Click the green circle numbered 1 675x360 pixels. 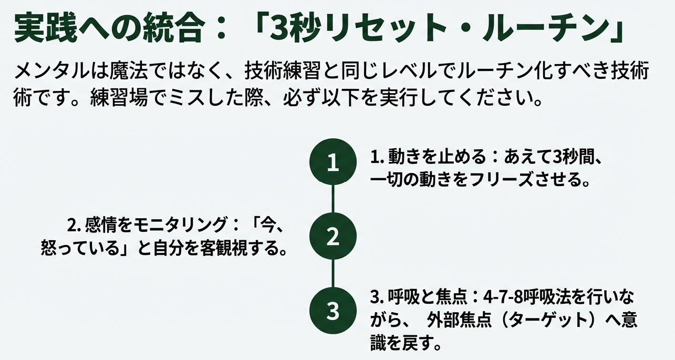(x=333, y=163)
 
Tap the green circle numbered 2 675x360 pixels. (x=333, y=237)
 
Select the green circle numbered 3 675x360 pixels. (x=333, y=311)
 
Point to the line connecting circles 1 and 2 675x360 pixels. (x=333, y=200)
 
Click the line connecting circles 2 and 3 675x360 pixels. (x=333, y=274)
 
